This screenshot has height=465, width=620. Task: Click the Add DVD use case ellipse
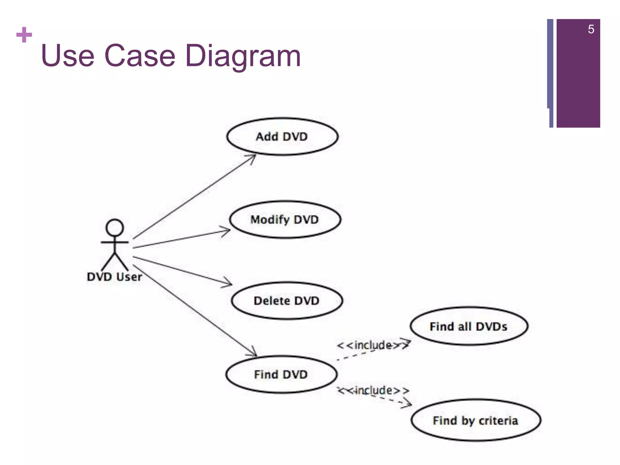282,137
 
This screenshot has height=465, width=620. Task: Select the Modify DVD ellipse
285,219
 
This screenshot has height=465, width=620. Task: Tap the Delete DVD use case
287,301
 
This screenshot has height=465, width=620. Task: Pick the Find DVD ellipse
281,374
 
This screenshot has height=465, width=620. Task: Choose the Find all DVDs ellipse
469,326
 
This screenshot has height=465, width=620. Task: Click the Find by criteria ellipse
476,420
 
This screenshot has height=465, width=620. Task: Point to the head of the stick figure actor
115,228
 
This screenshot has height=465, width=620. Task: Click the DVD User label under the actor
114,277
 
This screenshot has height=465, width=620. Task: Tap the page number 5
591,29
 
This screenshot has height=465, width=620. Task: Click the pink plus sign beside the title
24,35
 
